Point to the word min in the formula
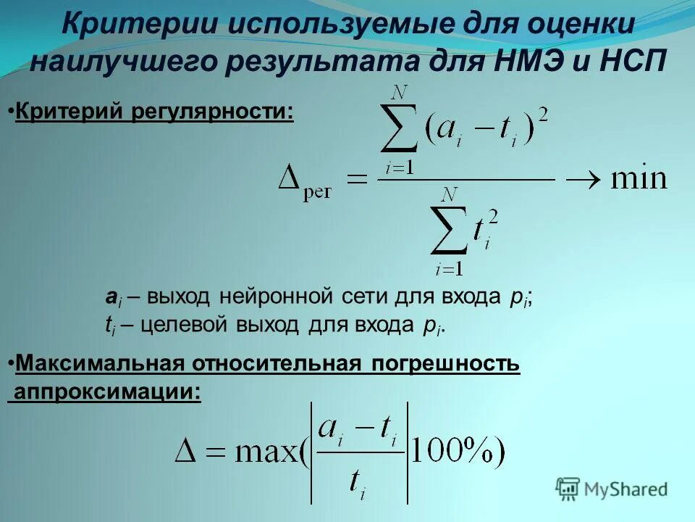pyautogui.click(x=638, y=178)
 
